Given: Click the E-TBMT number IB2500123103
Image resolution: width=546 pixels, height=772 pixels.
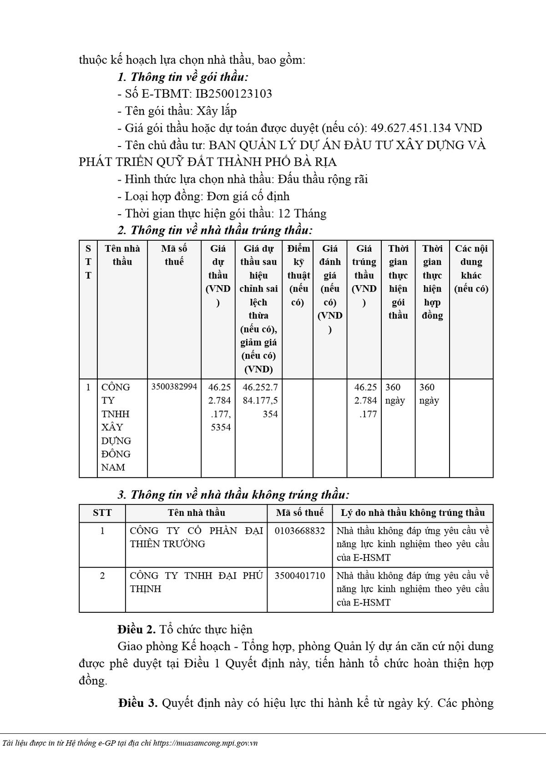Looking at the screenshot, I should (x=233, y=94).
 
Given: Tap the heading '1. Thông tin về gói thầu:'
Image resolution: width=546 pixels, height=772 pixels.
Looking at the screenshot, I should (x=182, y=77).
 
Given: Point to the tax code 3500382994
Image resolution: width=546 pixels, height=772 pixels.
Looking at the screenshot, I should (x=174, y=387).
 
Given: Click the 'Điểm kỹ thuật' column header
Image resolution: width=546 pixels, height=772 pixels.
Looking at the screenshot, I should (x=298, y=275).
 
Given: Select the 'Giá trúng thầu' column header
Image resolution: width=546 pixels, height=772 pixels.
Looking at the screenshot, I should (x=364, y=275).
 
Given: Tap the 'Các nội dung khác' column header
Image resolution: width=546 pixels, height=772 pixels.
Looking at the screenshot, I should (x=471, y=268).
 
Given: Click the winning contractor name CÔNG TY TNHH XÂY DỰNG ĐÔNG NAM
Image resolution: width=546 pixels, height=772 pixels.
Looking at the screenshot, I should (x=116, y=427).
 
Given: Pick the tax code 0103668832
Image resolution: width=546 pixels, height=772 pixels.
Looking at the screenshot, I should (x=300, y=531).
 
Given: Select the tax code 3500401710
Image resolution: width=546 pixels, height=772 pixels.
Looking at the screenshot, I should (x=300, y=576).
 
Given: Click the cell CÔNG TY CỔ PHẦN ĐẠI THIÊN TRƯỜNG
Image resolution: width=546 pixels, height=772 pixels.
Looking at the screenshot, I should (x=196, y=537).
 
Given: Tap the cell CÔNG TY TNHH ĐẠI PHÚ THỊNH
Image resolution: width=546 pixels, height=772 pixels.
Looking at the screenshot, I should (x=196, y=582).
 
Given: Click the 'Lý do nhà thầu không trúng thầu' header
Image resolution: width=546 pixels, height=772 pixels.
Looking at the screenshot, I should (x=413, y=513).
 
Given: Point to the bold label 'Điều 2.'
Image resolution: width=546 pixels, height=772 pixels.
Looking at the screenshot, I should (x=136, y=630).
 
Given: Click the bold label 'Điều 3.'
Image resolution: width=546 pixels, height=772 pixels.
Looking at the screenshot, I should (x=138, y=703).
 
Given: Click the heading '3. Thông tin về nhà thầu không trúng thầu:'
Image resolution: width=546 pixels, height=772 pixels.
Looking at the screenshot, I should (x=233, y=495).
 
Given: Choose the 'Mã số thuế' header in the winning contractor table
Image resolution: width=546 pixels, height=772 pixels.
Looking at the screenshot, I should (x=174, y=255).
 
